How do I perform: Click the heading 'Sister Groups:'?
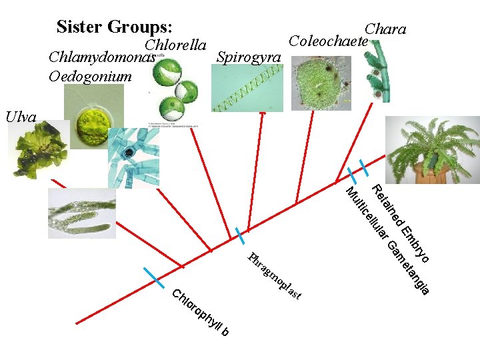pos(115,27)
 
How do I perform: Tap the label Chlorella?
pos(175,45)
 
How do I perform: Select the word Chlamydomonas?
pos(102,57)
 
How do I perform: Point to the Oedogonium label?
pos(90,76)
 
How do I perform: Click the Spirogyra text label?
pos(249,57)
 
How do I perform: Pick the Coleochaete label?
pos(328,41)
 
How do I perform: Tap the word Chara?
pos(385,29)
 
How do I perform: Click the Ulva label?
pos(21,117)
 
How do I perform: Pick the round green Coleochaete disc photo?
pos(322,82)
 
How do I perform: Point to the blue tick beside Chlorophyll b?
pos(153,277)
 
